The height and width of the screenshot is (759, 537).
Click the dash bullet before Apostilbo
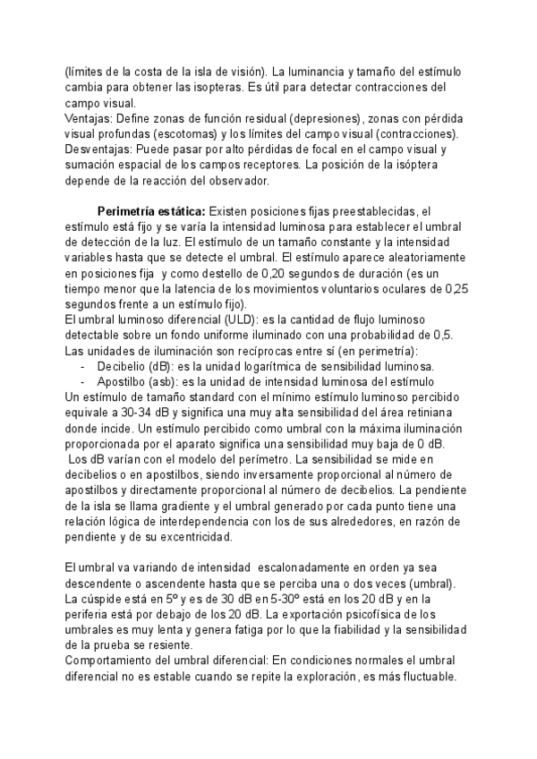[83, 382]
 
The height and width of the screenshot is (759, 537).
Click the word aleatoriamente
[422, 259]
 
